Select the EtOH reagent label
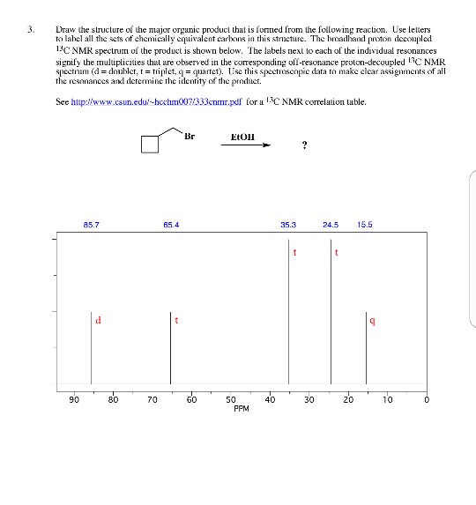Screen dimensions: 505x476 (x=242, y=137)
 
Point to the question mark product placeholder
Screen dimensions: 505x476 (x=304, y=147)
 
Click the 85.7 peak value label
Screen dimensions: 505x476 (x=91, y=226)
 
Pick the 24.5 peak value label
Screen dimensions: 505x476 (x=331, y=226)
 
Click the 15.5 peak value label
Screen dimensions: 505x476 (x=366, y=226)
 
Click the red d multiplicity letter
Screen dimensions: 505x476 (x=98, y=320)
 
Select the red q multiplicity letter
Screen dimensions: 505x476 (x=375, y=320)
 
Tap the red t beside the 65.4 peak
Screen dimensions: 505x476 (x=177, y=320)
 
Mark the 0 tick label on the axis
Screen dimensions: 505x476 (x=427, y=399)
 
